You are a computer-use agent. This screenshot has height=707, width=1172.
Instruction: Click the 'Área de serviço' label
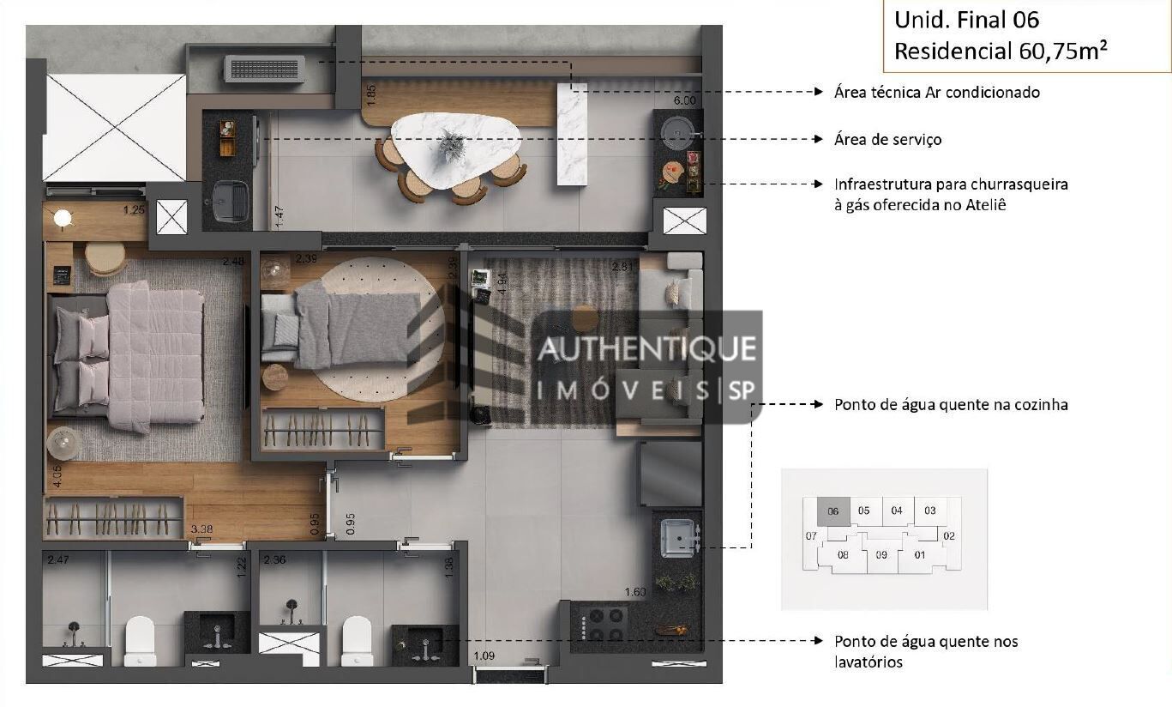pyautogui.click(x=887, y=139)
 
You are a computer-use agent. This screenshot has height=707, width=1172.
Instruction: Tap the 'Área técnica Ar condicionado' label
pyautogui.click(x=936, y=92)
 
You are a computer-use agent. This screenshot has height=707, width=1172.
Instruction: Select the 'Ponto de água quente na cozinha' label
pyautogui.click(x=951, y=404)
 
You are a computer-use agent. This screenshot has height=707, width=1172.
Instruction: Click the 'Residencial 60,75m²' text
pyautogui.click(x=1000, y=51)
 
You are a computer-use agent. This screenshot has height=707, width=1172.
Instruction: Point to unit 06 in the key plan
pyautogui.click(x=832, y=511)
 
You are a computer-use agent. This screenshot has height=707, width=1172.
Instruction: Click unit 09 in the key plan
pyautogui.click(x=881, y=554)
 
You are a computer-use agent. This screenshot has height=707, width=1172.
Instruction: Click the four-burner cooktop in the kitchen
pyautogui.click(x=604, y=624)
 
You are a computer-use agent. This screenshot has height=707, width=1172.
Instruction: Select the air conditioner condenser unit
pyautogui.click(x=264, y=69)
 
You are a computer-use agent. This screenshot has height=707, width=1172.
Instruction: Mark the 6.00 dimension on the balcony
pyautogui.click(x=684, y=100)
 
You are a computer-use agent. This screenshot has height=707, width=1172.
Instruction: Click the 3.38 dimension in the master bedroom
pyautogui.click(x=201, y=529)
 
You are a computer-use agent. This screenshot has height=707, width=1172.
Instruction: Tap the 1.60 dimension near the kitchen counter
pyautogui.click(x=635, y=592)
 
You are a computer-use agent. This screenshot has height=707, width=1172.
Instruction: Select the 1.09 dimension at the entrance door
pyautogui.click(x=485, y=658)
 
